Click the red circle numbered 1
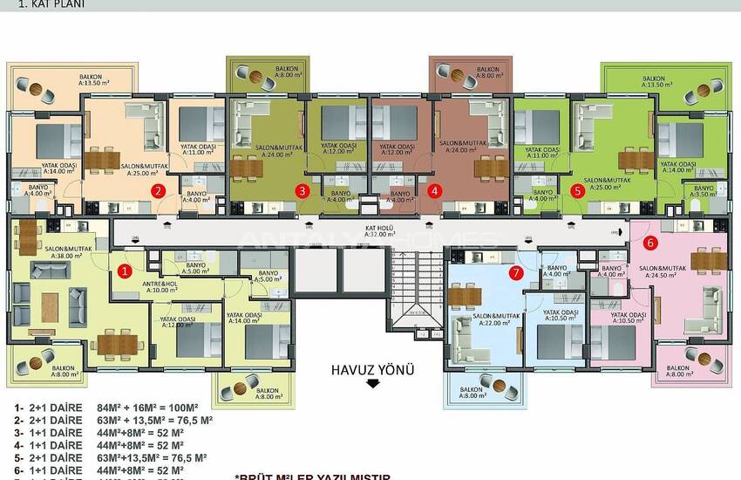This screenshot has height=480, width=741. [x=125, y=271]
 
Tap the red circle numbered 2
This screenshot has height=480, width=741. [x=158, y=189]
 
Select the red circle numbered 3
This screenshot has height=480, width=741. [x=302, y=189]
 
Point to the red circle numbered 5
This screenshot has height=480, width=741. [x=576, y=189]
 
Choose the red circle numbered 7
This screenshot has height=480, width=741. [x=515, y=273]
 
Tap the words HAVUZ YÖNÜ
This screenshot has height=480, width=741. [x=373, y=369]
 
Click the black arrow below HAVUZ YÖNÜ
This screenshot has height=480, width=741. [x=373, y=383]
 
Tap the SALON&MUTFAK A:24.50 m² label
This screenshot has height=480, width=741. [x=687, y=271]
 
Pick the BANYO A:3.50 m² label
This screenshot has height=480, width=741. [x=702, y=191]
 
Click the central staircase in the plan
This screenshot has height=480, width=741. [x=411, y=288]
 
